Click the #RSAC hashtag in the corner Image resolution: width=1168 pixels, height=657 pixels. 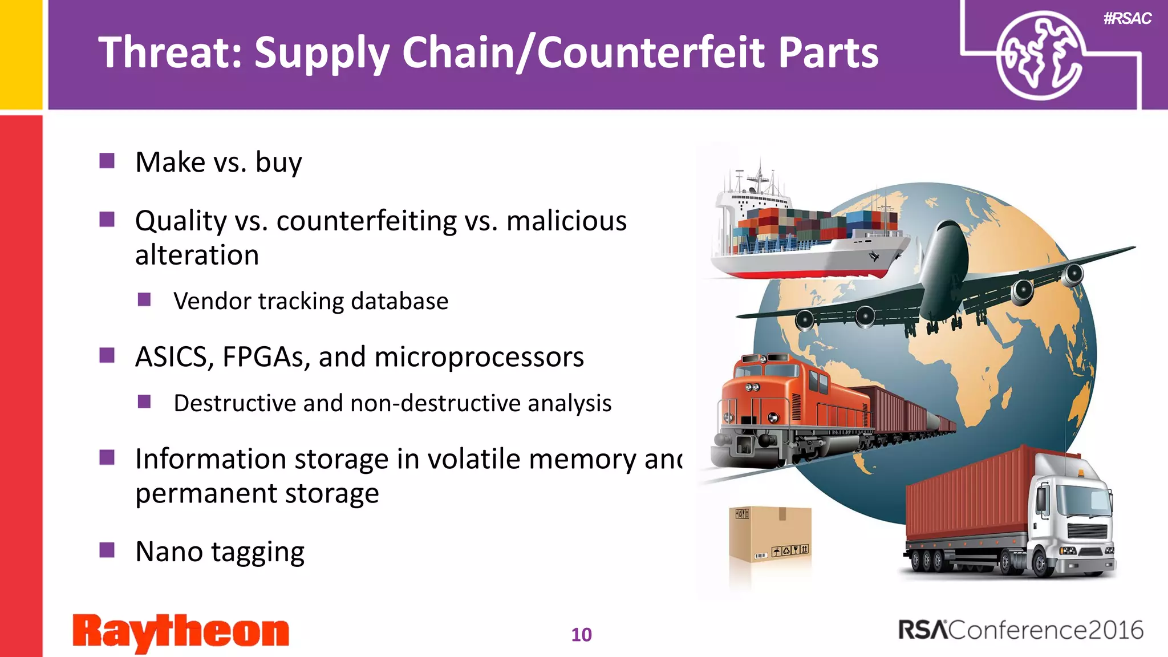(1127, 19)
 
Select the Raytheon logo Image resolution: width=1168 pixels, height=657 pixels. (181, 632)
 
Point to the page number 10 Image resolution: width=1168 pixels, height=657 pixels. (581, 635)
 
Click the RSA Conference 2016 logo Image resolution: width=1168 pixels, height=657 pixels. (1020, 630)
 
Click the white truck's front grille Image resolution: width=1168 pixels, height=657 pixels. (1086, 530)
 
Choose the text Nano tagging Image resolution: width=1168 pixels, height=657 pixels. (220, 552)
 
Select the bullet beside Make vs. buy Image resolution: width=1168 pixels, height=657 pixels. (107, 161)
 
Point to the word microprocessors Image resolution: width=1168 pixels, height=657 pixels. (479, 358)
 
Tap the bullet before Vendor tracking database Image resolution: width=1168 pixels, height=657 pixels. (144, 300)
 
